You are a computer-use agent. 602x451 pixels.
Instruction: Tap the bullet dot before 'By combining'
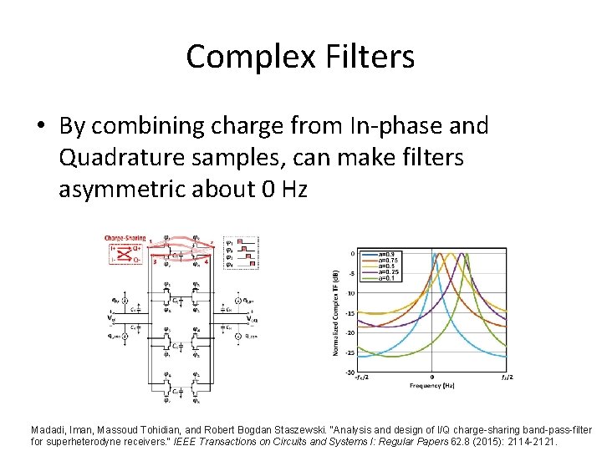[41, 127]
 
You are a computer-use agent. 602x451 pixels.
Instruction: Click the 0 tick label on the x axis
[431, 378]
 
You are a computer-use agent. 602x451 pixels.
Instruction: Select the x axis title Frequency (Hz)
[431, 387]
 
